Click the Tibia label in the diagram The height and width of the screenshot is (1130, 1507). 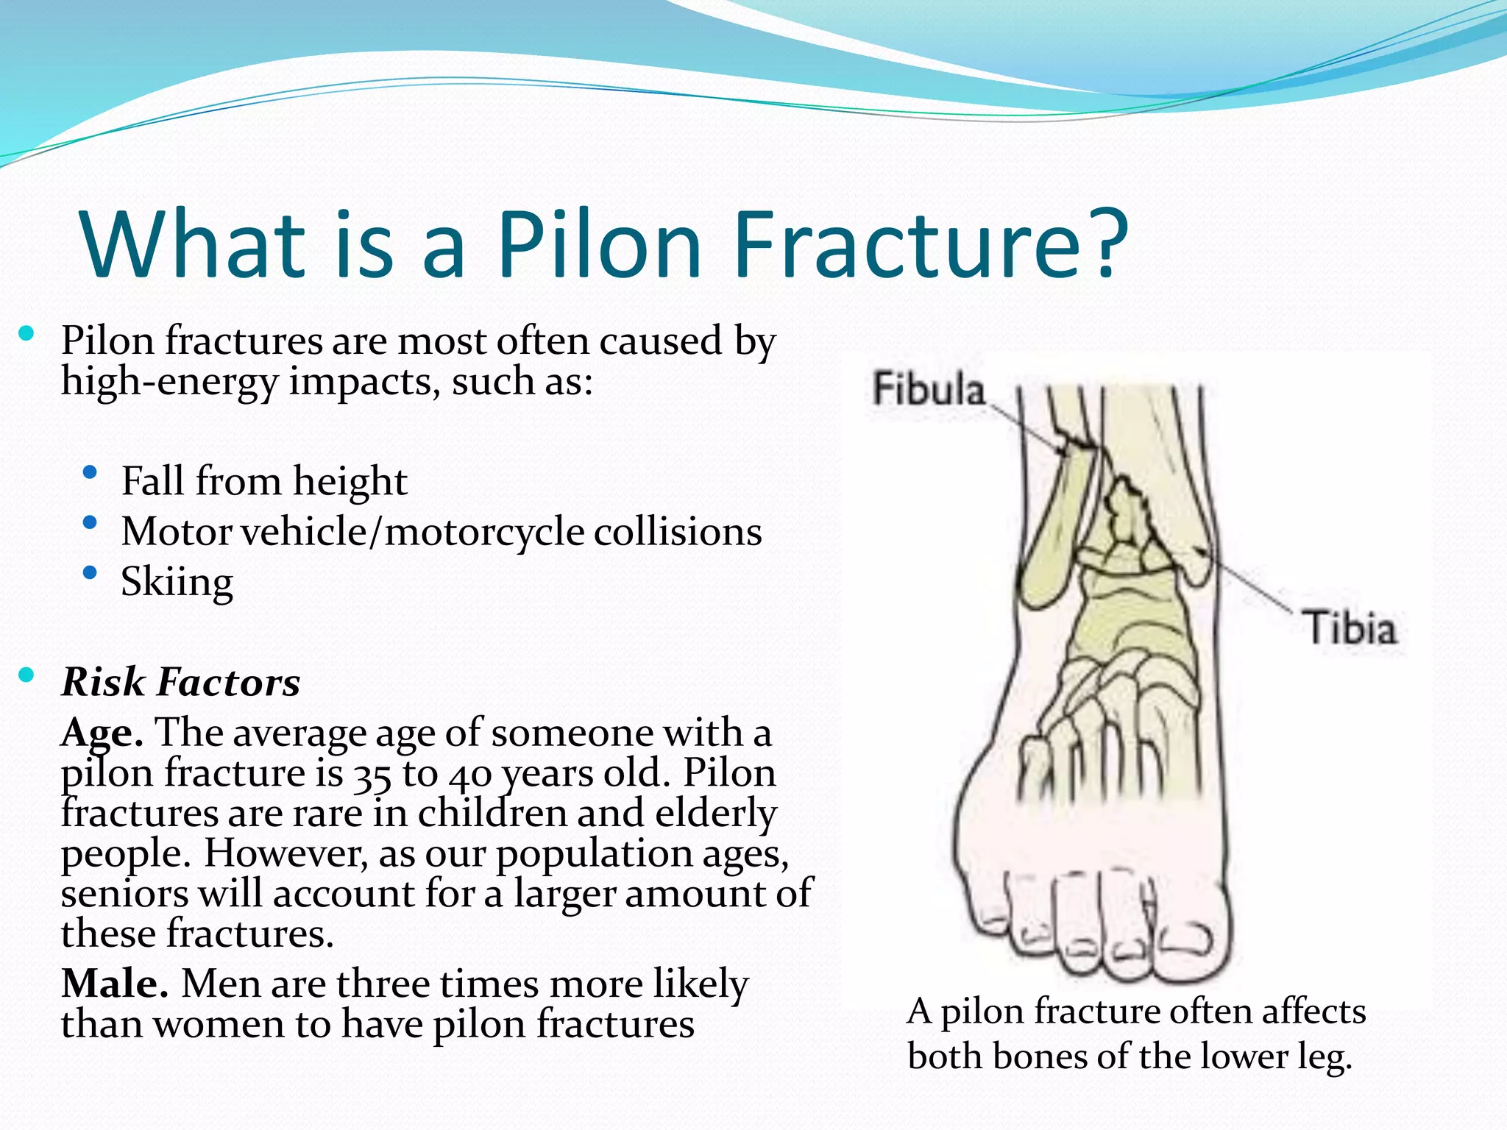1351,629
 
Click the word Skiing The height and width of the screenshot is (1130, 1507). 177,583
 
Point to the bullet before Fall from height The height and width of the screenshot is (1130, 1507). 91,473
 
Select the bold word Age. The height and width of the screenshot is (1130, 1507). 102,733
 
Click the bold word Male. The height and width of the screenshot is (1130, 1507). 114,984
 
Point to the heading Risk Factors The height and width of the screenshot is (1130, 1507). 181,682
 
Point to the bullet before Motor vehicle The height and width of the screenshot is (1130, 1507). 91,523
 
